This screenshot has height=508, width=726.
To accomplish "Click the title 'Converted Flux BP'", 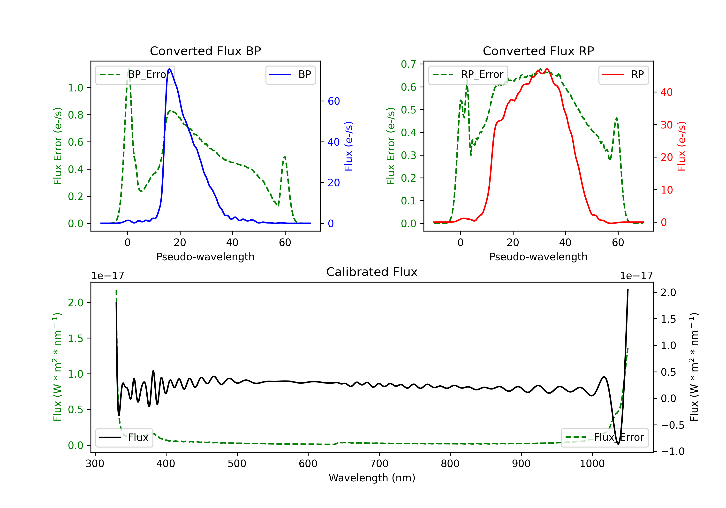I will [x=205, y=51].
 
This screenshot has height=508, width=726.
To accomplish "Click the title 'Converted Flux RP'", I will [x=538, y=51].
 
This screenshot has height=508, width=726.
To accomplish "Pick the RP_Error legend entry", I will [x=468, y=75].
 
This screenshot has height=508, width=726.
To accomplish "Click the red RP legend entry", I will [x=623, y=75].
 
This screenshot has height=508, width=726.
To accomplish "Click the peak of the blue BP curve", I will [x=169, y=69].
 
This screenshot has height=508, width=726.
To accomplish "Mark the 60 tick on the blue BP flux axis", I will [x=333, y=101].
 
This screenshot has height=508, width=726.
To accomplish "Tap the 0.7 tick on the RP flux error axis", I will [x=408, y=64].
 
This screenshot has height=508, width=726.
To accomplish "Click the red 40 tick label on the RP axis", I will [x=666, y=92].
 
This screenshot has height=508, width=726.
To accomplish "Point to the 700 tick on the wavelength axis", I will [x=379, y=463].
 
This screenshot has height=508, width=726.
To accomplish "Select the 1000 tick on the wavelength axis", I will [x=592, y=463].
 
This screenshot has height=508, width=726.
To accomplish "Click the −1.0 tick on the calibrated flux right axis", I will [x=672, y=451].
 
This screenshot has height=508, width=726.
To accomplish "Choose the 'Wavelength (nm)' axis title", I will [x=372, y=478].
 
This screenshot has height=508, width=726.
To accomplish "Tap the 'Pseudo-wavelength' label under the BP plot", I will [x=205, y=257].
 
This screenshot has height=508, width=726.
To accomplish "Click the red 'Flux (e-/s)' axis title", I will [x=681, y=146].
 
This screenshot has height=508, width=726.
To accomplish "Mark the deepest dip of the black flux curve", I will [x=618, y=444].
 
